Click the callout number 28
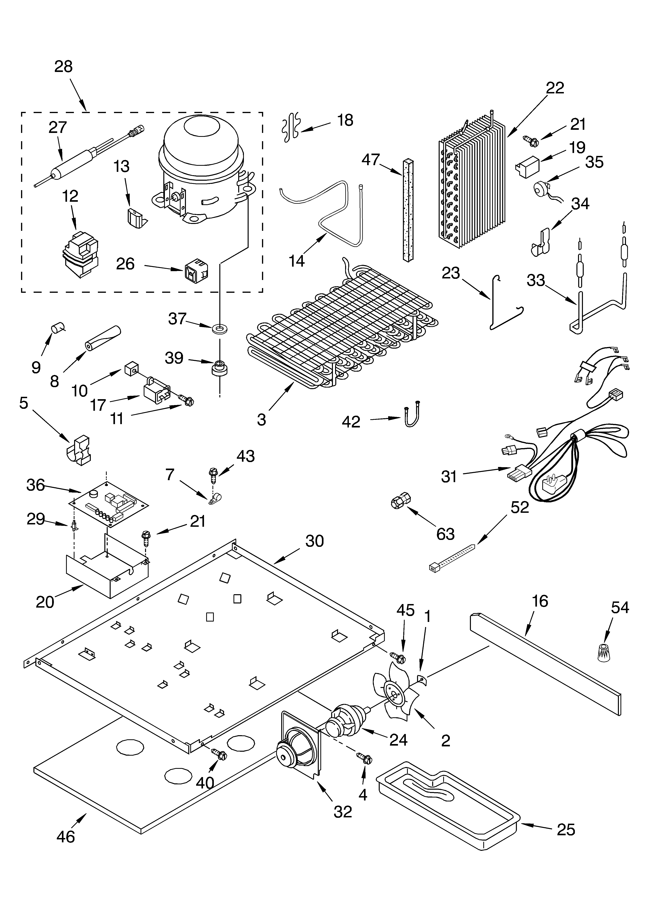pos(63,66)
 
